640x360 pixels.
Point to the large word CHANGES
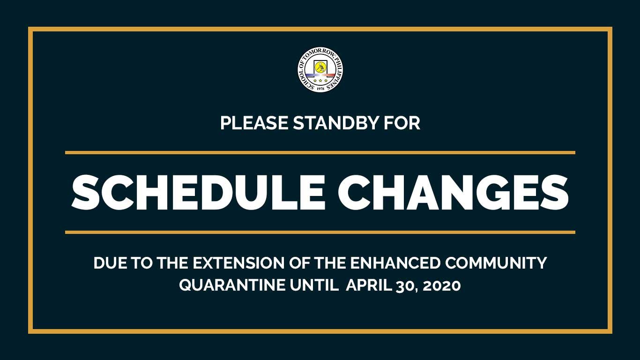coord(454,193)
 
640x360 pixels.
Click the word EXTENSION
coord(238,263)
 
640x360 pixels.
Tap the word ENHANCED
coord(395,263)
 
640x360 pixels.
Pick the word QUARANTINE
coord(232,285)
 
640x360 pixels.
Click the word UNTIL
coord(314,285)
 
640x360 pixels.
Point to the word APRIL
coord(369,285)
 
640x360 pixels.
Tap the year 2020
coord(442,285)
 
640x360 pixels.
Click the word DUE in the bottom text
coord(110,263)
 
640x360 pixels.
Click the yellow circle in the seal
coord(320,67)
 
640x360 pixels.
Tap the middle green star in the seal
coord(320,81)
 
